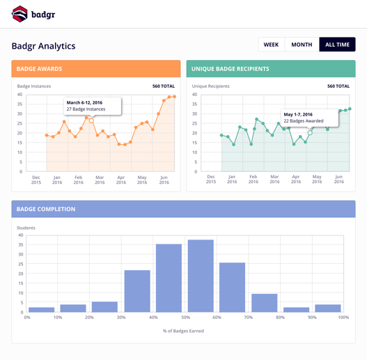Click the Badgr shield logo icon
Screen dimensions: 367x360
click(19, 14)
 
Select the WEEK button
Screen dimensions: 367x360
click(272, 45)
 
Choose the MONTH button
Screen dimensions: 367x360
click(302, 45)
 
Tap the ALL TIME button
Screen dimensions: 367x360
click(337, 45)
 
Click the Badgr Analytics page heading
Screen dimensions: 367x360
click(44, 46)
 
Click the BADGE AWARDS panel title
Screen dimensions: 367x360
click(39, 69)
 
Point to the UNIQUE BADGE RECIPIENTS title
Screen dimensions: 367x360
click(231, 69)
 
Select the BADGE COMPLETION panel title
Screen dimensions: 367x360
click(46, 210)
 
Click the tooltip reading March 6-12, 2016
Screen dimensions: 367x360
click(93, 106)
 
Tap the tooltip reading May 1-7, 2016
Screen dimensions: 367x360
click(310, 118)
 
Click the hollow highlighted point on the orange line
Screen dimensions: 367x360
click(91, 120)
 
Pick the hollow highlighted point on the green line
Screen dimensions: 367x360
click(310, 133)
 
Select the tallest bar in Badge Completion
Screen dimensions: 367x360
click(201, 276)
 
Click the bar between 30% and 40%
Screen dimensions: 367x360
click(137, 291)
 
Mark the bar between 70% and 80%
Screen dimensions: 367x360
click(265, 303)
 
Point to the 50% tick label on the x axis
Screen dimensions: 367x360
click(186, 318)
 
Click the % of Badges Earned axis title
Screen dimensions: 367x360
click(184, 331)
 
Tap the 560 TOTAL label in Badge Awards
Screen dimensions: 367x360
click(164, 86)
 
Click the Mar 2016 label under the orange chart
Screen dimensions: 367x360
click(100, 180)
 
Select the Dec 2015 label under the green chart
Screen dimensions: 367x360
click(211, 179)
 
